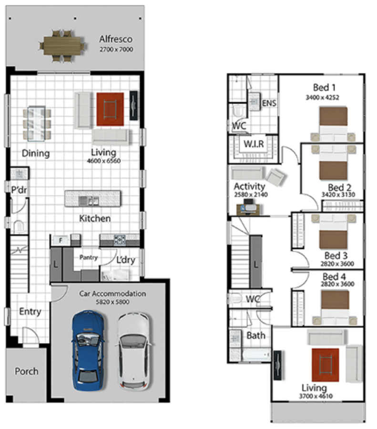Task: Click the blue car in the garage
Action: coord(88,350)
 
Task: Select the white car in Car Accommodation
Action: coord(134,351)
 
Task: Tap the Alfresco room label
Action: coord(116,39)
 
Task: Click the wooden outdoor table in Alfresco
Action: coord(62,46)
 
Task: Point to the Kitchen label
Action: coord(95,218)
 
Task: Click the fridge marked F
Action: coord(61,240)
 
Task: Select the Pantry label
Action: coord(88,257)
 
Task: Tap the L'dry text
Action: coord(125,260)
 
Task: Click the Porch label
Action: coord(26,371)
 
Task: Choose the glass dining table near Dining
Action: coord(36,123)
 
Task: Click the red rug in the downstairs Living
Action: coord(110,109)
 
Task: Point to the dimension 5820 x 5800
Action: coord(112,302)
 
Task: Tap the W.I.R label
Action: coord(254,144)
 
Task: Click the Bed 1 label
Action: coord(324,88)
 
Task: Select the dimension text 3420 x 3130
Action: coord(338,194)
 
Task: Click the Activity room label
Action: coord(249,186)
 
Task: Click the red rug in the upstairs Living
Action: coord(326,365)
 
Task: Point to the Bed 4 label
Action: coord(334,276)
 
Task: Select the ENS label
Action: coord(269,103)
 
